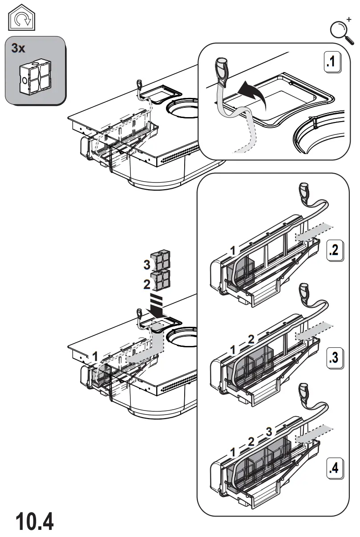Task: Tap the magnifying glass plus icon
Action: [340, 30]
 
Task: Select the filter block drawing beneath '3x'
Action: [34, 78]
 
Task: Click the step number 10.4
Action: [35, 521]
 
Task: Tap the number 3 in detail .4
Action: [268, 431]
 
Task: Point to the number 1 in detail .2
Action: [232, 251]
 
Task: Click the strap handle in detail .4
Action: [304, 391]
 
